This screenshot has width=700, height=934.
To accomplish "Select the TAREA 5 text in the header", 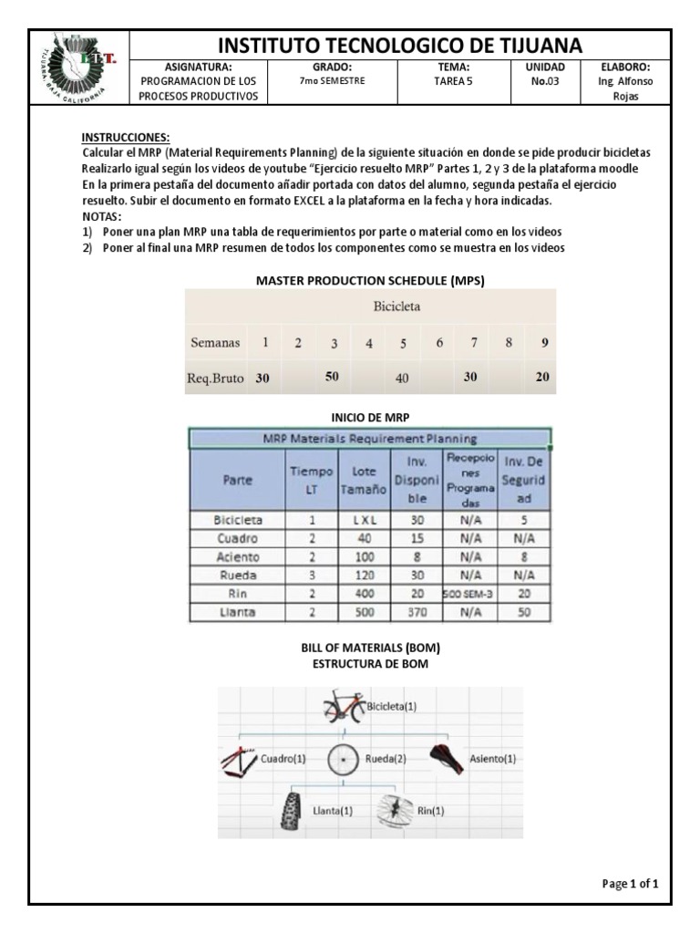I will click(x=452, y=80).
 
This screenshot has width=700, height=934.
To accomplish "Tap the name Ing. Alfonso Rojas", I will click(x=625, y=88).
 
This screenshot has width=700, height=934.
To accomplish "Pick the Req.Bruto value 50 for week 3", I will click(x=333, y=377).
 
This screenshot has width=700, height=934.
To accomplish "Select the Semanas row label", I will click(x=215, y=344).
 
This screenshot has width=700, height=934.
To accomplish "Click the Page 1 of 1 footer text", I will click(x=630, y=884).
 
